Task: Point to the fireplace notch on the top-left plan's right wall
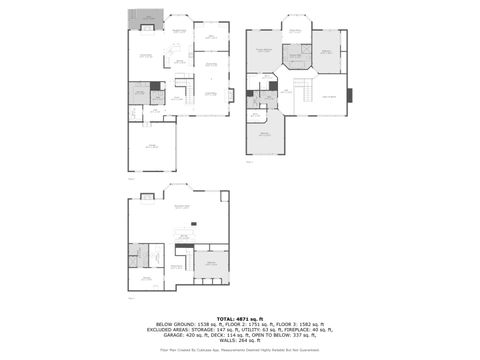pos(232,95)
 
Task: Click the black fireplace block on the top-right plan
pos(350,96)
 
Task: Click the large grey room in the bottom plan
pos(211,265)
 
